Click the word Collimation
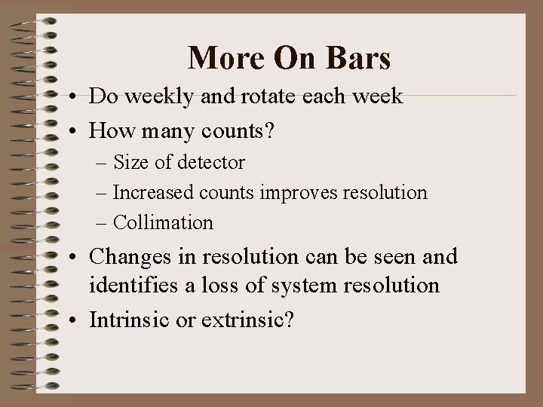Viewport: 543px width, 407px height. tap(163, 223)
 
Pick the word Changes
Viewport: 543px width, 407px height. tap(125, 257)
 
